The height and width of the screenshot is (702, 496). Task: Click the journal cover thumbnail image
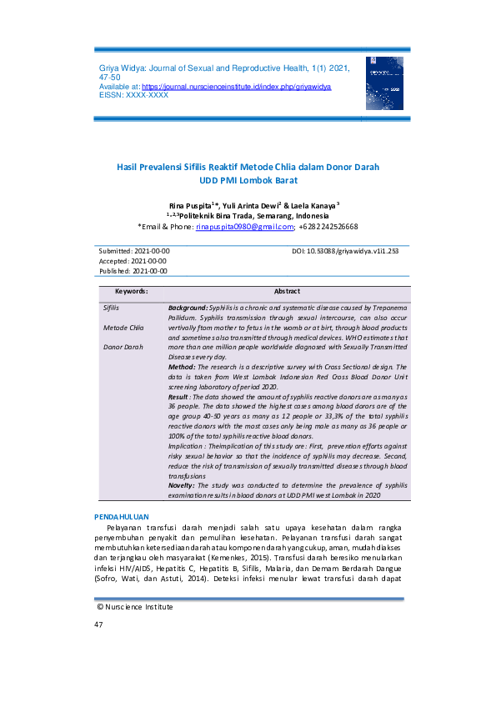[x=383, y=83]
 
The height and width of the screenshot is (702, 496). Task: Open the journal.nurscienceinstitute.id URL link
[x=237, y=87]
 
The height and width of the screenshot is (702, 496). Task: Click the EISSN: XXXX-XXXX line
[x=133, y=95]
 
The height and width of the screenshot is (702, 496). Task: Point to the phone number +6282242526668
[x=330, y=226]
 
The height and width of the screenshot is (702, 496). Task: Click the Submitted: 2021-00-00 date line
[x=134, y=251]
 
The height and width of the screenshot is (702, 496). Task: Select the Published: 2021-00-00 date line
[x=133, y=271]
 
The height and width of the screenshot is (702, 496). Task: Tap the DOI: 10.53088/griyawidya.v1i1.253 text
[x=345, y=251]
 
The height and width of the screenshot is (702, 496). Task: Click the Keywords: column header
[x=131, y=292]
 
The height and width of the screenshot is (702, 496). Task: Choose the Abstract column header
[x=287, y=292]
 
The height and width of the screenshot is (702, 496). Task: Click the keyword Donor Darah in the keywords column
[x=123, y=347]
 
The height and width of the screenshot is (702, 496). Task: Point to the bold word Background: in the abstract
[x=188, y=308]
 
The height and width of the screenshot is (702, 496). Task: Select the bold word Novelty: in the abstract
[x=184, y=485]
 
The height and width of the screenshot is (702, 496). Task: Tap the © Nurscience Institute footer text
[x=135, y=607]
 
